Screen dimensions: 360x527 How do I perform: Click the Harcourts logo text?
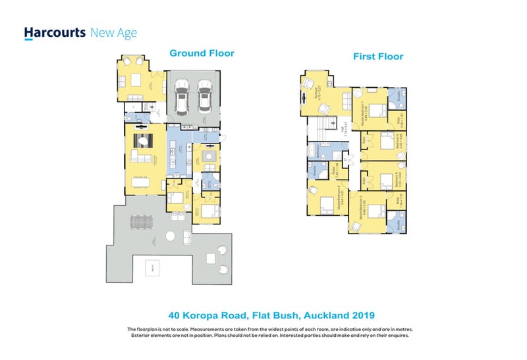click(54, 33)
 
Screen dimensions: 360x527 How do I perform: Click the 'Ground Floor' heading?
click(202, 53)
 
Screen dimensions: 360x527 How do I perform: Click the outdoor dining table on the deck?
click(140, 224)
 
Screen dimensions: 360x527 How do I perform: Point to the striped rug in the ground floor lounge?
click(144, 140)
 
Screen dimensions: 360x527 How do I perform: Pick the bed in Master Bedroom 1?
click(376, 111)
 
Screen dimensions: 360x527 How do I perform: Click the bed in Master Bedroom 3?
click(375, 211)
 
